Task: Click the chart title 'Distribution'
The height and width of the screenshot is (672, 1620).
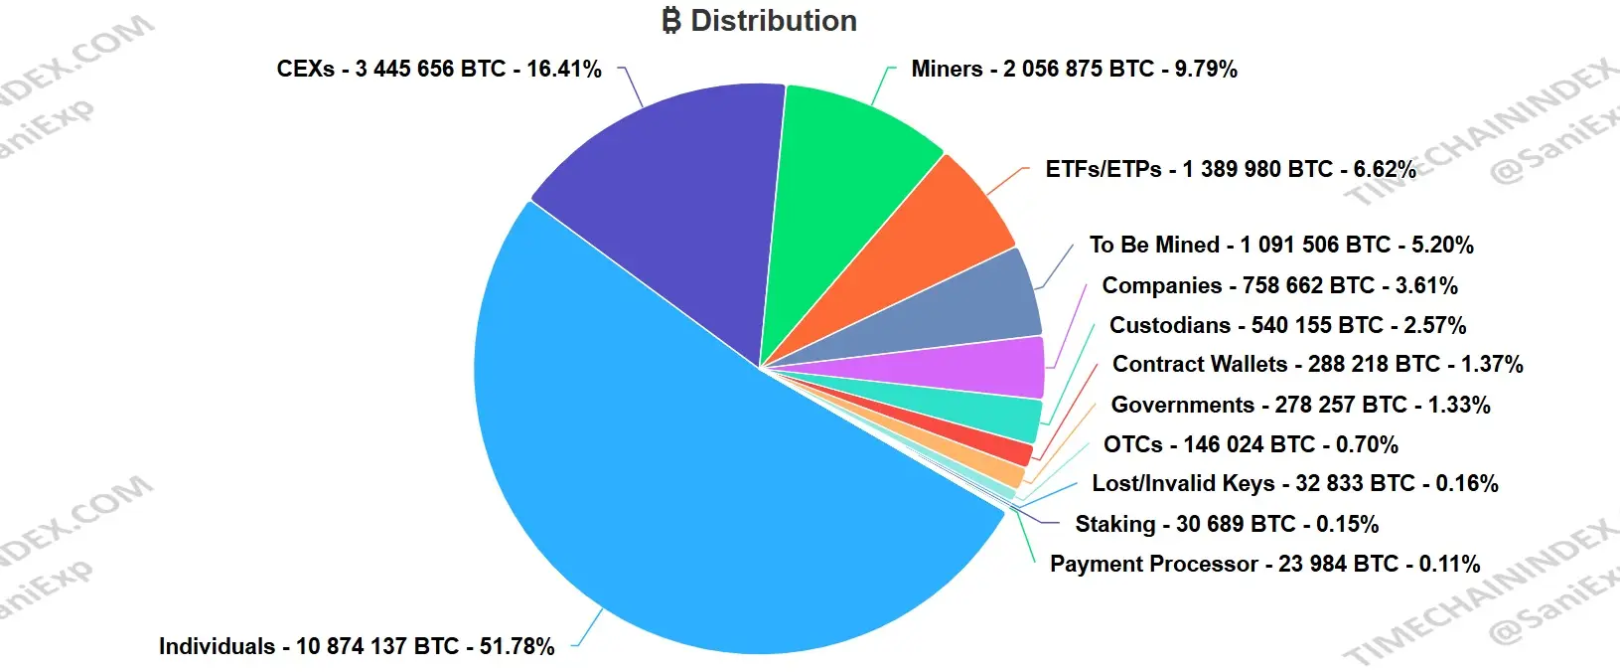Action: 773,21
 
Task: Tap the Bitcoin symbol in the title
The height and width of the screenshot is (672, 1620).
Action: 671,21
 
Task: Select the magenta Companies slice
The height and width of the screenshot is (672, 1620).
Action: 993,369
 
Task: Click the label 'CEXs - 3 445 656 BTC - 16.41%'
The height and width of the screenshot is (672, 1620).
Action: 439,69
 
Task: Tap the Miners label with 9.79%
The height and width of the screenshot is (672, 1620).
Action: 1074,69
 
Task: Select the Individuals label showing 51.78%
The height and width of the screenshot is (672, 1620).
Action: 357,646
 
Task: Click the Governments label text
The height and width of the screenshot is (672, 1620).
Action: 1300,405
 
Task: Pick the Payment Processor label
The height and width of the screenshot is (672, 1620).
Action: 1264,564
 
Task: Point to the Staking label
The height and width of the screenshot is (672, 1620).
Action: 1227,524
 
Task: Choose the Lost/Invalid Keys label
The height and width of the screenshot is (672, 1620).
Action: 1295,483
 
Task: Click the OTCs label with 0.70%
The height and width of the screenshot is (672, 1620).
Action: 1251,444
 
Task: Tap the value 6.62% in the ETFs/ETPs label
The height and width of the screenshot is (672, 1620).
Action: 1384,169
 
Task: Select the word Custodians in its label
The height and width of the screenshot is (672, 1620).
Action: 1170,325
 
